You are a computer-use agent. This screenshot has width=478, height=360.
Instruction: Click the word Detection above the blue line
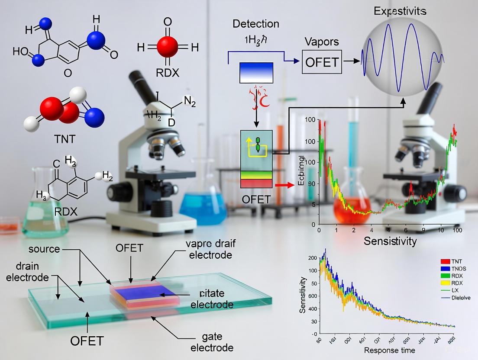[256, 23]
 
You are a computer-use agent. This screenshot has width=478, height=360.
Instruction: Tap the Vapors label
[321, 42]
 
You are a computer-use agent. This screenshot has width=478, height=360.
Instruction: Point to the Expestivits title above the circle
[400, 11]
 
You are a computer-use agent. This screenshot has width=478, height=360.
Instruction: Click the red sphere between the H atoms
[167, 47]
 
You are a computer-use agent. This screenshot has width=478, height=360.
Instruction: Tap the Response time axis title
[389, 350]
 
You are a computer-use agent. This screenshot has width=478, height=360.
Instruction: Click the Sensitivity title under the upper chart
[390, 241]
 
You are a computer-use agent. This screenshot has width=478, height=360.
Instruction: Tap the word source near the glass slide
[44, 249]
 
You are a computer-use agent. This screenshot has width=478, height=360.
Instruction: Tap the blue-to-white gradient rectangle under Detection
[256, 73]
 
